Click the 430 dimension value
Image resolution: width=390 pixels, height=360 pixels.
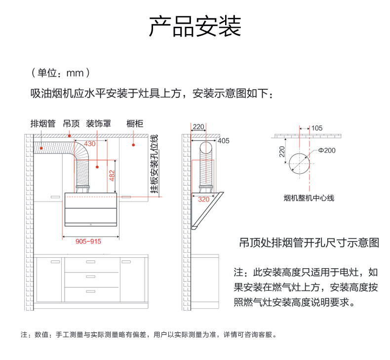click(90, 144)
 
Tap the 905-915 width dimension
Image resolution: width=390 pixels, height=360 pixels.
click(88, 241)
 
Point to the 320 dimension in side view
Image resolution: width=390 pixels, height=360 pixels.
click(203, 200)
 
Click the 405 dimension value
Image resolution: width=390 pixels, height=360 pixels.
click(223, 141)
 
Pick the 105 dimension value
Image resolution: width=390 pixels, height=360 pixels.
click(316, 128)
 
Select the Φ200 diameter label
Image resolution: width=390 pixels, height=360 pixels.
click(326, 150)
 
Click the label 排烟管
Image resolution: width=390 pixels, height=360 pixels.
click(42, 123)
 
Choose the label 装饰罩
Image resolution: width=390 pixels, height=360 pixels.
click(98, 123)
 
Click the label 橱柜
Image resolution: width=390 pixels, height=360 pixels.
click(135, 123)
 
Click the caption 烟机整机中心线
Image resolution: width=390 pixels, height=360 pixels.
click(309, 198)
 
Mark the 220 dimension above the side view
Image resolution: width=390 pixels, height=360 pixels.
click(198, 127)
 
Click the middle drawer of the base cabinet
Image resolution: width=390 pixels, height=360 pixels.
click(92, 278)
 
